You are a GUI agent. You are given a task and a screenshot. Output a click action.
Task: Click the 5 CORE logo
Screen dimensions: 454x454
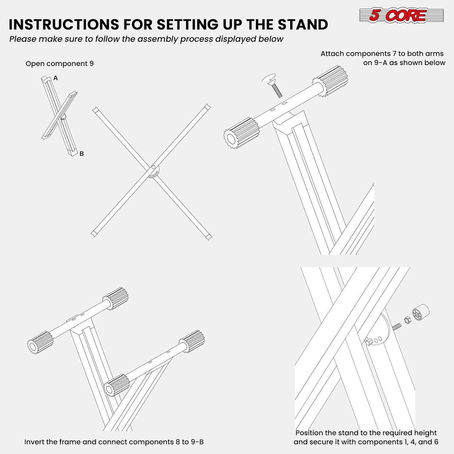point(401,15)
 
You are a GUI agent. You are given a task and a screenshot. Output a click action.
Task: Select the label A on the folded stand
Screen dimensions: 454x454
point(56,78)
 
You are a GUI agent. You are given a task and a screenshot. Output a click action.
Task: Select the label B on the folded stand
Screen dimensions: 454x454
point(81,154)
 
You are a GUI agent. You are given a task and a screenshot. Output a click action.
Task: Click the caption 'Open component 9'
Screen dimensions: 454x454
point(59,64)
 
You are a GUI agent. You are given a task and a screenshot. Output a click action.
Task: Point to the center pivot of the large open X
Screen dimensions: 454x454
point(153,168)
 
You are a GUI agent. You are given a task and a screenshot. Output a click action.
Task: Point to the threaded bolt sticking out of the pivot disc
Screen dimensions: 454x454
point(397,326)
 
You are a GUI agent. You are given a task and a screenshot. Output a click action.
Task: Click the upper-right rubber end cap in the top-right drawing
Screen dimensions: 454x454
point(333,80)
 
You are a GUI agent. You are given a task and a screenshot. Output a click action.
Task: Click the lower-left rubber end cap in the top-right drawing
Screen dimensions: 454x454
point(241,134)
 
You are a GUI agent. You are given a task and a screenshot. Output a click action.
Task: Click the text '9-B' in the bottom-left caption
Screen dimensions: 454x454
point(197,442)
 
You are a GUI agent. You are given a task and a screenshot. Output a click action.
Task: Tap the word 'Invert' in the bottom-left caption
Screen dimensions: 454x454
point(34,442)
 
